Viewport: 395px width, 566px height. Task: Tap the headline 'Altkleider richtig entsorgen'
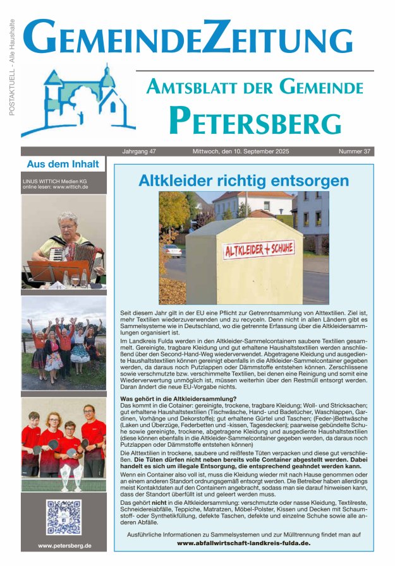(x=243, y=181)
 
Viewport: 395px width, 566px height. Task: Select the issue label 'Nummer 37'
(x=355, y=151)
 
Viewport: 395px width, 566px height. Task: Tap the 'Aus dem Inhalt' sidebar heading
(x=63, y=164)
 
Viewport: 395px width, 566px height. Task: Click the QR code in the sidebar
(x=64, y=517)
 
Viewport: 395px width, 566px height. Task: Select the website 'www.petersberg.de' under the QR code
(x=64, y=546)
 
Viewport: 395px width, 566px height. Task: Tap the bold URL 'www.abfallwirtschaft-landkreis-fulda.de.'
(x=243, y=543)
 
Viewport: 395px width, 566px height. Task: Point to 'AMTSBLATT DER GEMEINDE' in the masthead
(x=255, y=86)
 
